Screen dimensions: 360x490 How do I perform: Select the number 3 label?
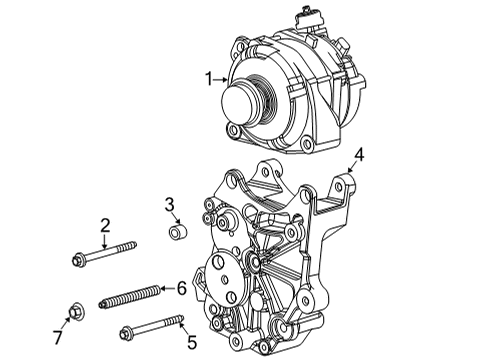[x=171, y=206]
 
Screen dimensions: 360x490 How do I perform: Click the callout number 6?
[x=181, y=288]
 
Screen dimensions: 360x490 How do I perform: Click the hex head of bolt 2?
[x=81, y=263]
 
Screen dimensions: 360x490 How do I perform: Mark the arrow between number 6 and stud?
[x=167, y=289]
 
